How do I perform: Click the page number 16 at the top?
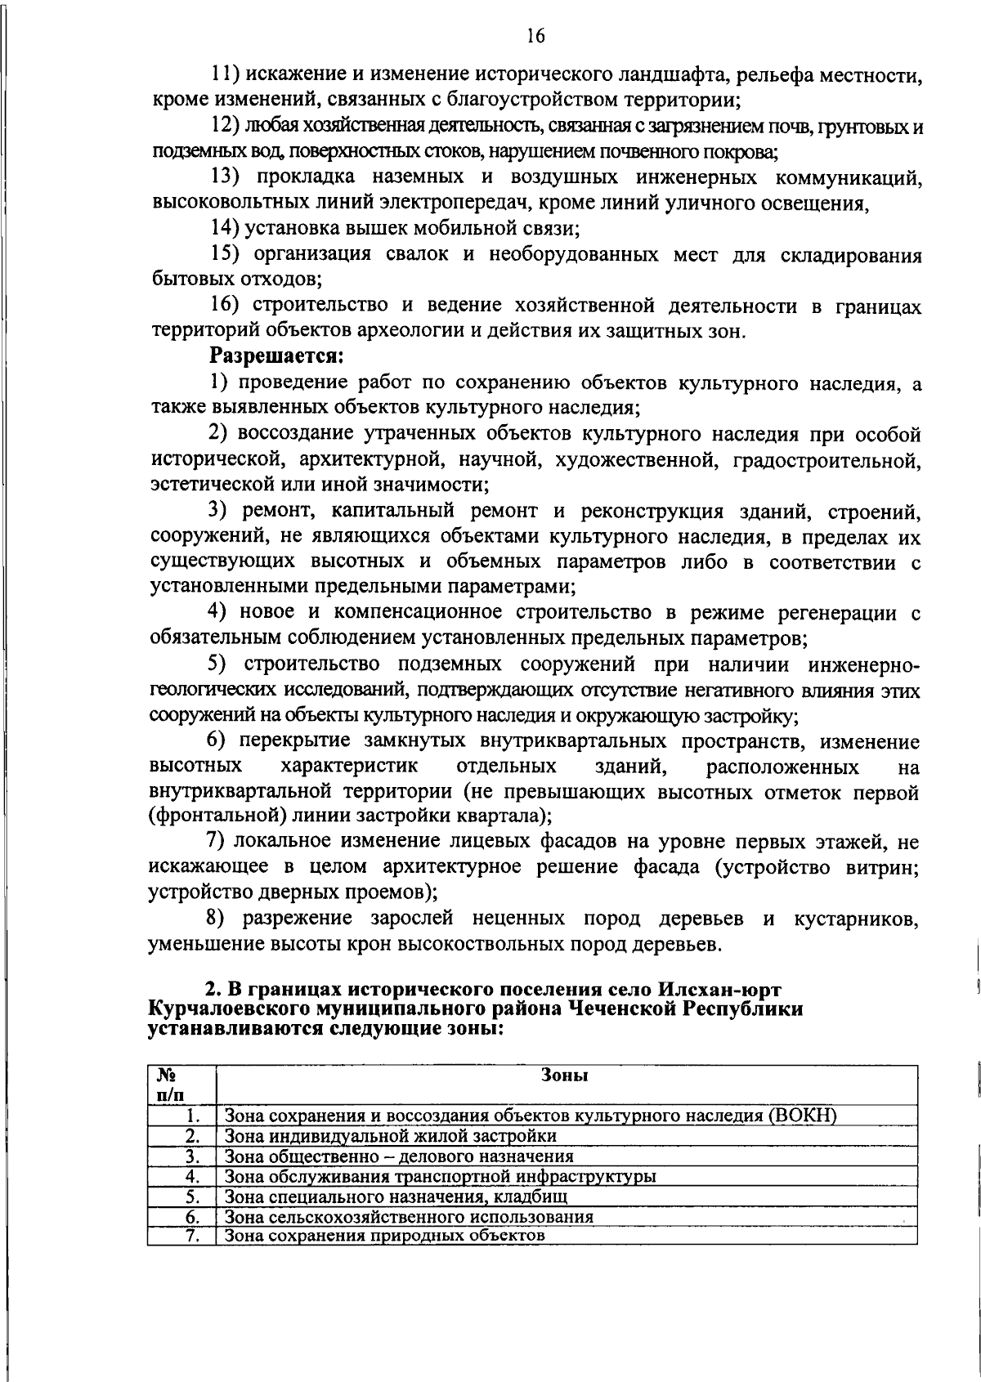pyautogui.click(x=535, y=35)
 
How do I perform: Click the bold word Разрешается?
pyautogui.click(x=275, y=356)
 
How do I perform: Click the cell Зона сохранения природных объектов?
pyautogui.click(x=384, y=1235)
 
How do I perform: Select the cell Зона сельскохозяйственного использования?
pyautogui.click(x=409, y=1215)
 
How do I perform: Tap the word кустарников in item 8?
pyautogui.click(x=857, y=919)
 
